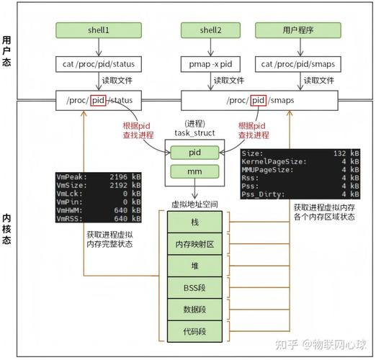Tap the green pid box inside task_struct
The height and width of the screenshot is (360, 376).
194,153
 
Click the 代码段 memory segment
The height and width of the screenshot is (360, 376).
194,332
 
